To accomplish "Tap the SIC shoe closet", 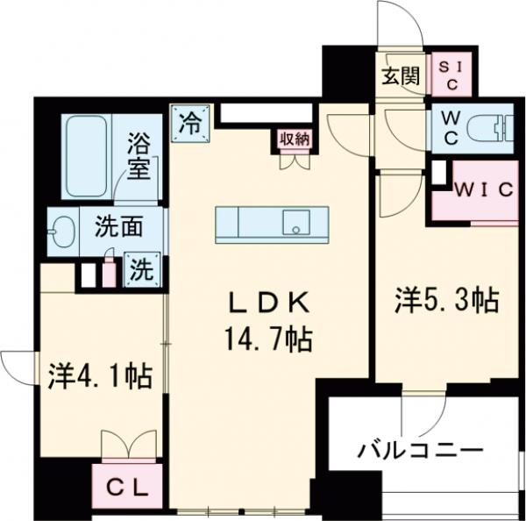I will pyautogui.click(x=452, y=75).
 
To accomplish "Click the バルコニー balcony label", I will pyautogui.click(x=420, y=451).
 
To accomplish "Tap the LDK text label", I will pyautogui.click(x=269, y=303).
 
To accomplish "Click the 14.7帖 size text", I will pyautogui.click(x=269, y=338).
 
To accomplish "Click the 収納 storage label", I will pyautogui.click(x=294, y=139).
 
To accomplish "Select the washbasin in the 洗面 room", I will pyautogui.click(x=61, y=232).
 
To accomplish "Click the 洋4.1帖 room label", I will pyautogui.click(x=98, y=377).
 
